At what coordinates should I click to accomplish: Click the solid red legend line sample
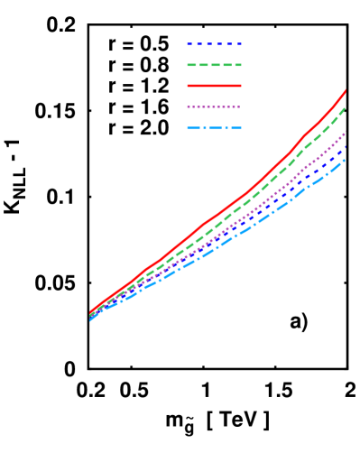(x=214, y=86)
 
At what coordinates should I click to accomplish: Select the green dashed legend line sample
(x=214, y=65)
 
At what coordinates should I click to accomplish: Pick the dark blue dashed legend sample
(x=214, y=44)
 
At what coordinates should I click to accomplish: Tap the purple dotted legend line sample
(x=214, y=106)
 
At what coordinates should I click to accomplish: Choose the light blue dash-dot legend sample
(x=214, y=128)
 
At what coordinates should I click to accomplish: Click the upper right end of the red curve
(x=346, y=90)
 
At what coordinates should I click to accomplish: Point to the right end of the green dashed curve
(x=346, y=108)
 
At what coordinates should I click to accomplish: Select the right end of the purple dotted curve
(x=346, y=132)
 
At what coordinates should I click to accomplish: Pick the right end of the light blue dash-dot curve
(x=345, y=160)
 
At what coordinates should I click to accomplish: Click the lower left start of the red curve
(x=90, y=313)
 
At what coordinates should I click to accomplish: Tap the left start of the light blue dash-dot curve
(x=90, y=319)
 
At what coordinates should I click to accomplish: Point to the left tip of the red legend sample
(x=188, y=86)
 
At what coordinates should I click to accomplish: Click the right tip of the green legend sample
(x=241, y=65)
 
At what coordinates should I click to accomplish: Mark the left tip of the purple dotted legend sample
(x=188, y=106)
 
